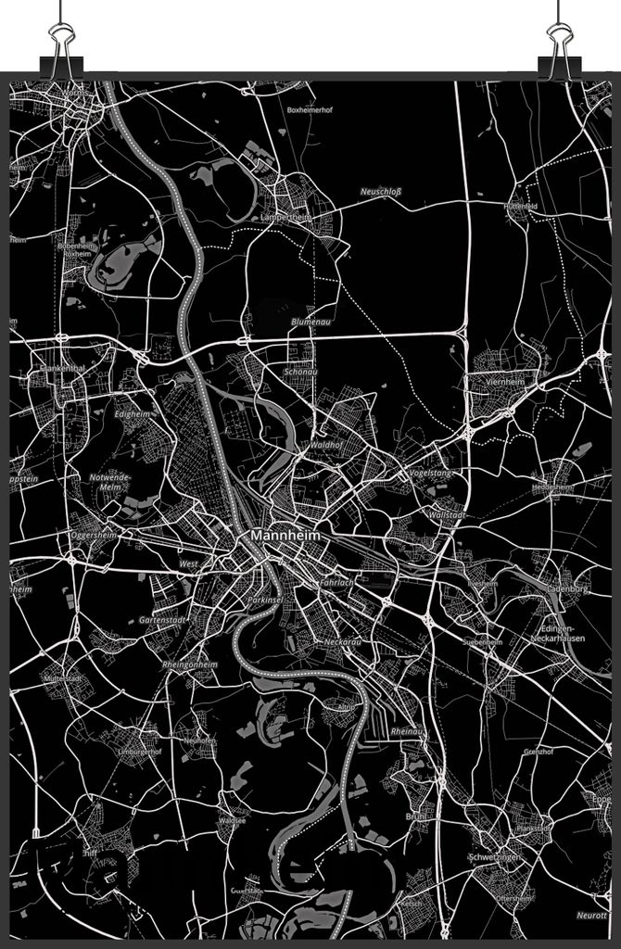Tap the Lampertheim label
[285, 217]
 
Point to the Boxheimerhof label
[309, 109]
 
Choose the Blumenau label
[310, 322]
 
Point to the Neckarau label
[342, 641]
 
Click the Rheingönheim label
[189, 664]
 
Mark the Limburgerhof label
[139, 752]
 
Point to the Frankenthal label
[62, 368]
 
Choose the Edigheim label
[132, 413]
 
